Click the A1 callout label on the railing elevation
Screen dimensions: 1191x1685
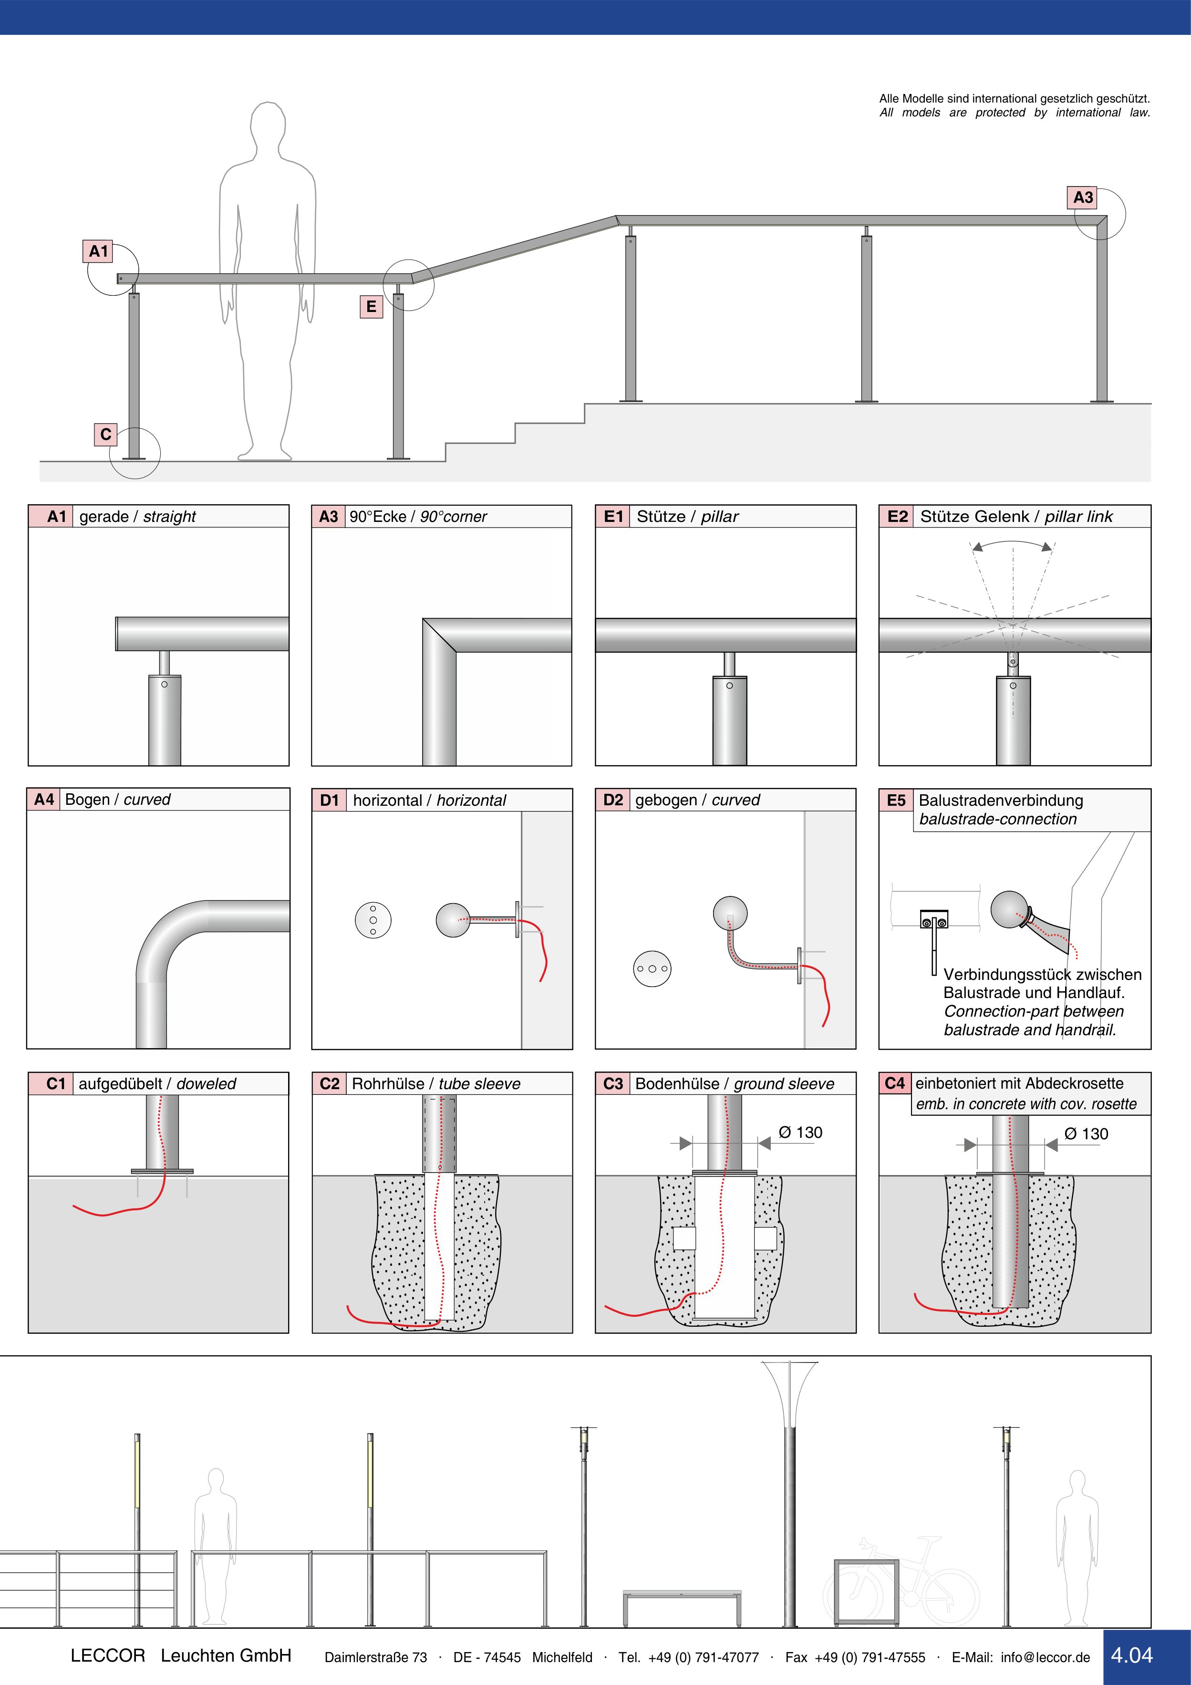(x=98, y=251)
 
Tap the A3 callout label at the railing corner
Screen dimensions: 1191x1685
(x=1082, y=198)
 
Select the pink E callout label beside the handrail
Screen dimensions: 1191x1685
(x=371, y=306)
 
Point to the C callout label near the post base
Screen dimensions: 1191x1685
(x=106, y=435)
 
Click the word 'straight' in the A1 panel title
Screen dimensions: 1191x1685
(x=169, y=517)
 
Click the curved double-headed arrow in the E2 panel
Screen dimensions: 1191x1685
(x=1012, y=544)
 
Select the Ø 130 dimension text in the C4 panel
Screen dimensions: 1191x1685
(x=1086, y=1134)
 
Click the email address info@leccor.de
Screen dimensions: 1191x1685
(x=1045, y=1657)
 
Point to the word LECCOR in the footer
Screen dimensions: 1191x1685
(x=108, y=1655)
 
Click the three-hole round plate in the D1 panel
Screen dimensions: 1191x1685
(x=373, y=920)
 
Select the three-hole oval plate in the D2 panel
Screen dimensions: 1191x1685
(x=652, y=969)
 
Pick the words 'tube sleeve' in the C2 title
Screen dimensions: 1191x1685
(x=479, y=1084)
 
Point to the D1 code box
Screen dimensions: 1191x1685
(x=330, y=800)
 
